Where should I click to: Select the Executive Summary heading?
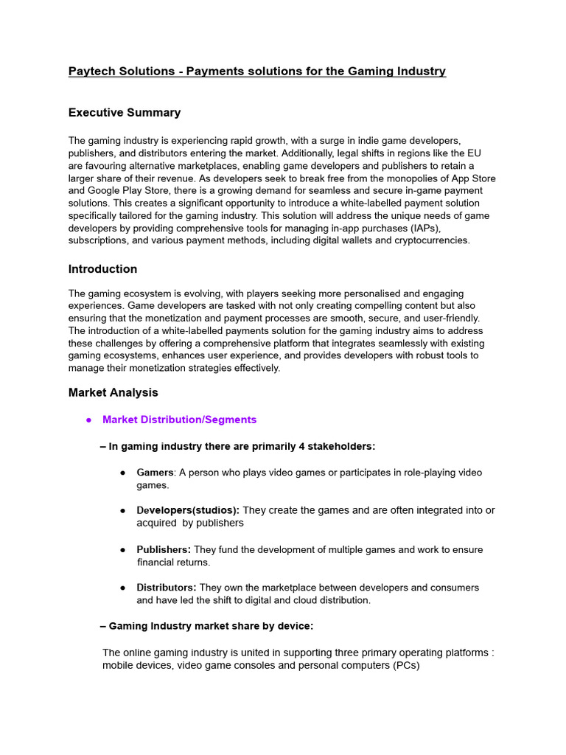(124, 113)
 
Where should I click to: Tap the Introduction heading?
(102, 269)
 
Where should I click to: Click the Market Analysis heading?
(113, 393)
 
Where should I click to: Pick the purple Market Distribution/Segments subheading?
(179, 420)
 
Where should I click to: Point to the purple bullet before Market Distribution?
(88, 420)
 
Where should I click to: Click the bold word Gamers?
(155, 473)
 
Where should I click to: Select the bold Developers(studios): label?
(188, 510)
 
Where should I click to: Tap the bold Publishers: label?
(164, 549)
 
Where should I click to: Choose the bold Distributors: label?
(167, 588)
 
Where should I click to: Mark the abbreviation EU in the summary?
(473, 153)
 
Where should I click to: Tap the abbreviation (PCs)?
(405, 665)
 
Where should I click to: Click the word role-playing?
(405, 473)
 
